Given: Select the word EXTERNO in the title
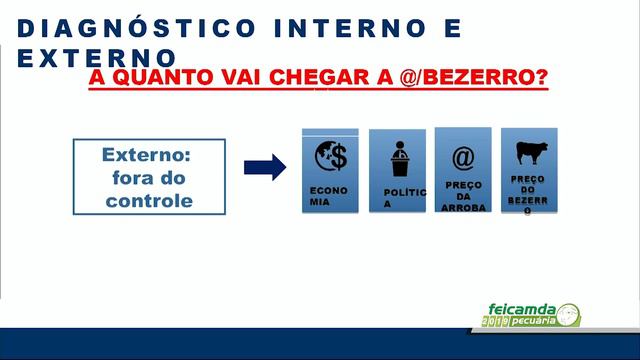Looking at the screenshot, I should coord(97,58).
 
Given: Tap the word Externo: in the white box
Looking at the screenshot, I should coord(149,155).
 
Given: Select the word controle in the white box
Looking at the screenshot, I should coord(149,199).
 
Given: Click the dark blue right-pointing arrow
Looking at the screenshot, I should coord(264,167).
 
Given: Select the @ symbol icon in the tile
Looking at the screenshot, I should coord(462,157).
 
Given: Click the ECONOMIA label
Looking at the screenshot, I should coord(328,194).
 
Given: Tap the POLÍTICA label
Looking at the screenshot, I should coord(403,197).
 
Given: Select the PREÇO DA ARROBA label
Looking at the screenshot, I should coord(462,196).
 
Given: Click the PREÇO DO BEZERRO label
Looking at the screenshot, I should coord(528,195).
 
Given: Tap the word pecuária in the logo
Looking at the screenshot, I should coord(534,321).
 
